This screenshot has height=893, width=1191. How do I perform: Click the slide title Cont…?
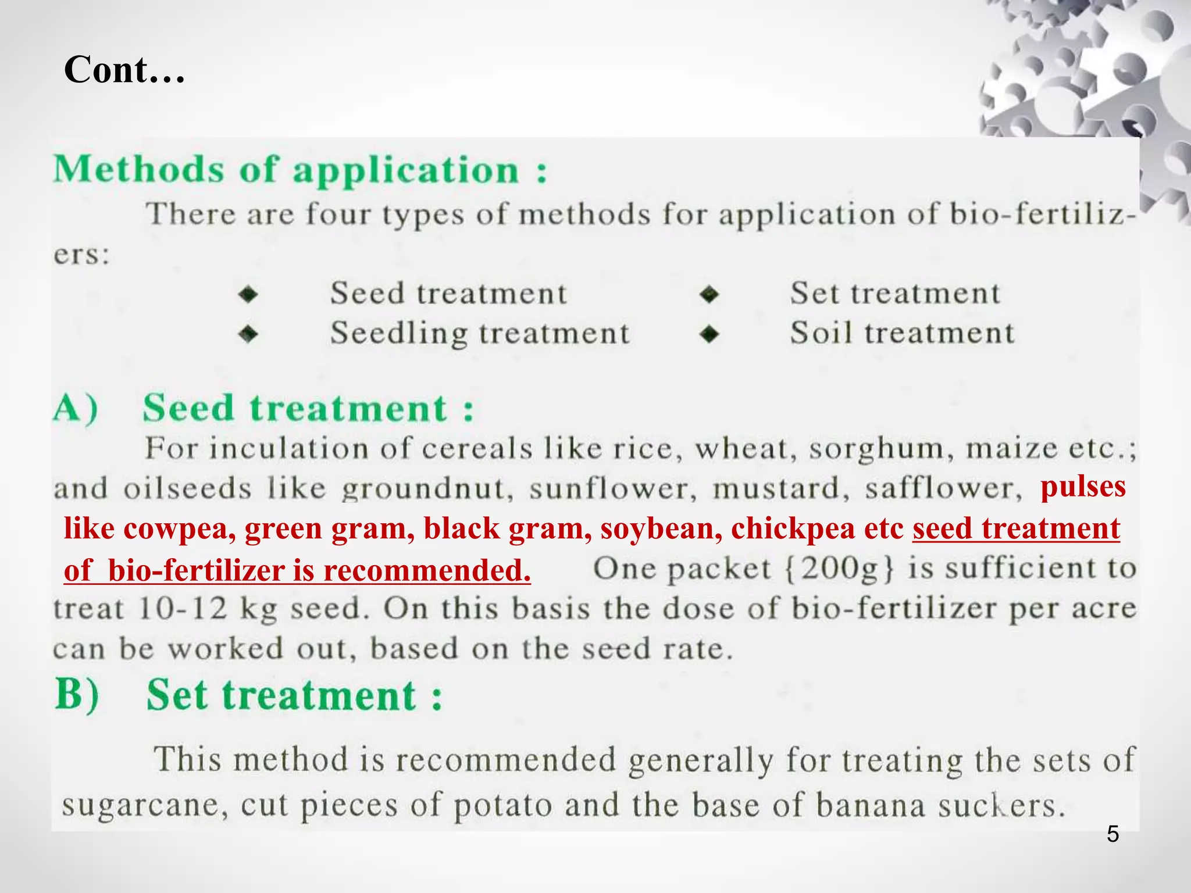click(124, 70)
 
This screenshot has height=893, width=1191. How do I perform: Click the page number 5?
click(1112, 834)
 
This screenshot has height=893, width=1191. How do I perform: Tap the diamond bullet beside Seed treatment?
click(248, 294)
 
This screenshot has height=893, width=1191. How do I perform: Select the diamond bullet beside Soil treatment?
click(709, 334)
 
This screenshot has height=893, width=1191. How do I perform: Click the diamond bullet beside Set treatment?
click(709, 294)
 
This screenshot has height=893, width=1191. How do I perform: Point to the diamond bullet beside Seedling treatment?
click(248, 334)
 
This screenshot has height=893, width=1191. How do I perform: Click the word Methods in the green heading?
click(138, 170)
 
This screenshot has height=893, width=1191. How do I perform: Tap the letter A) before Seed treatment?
click(76, 408)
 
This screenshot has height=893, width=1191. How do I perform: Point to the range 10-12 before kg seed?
click(183, 609)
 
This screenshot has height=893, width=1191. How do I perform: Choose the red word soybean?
click(661, 528)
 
